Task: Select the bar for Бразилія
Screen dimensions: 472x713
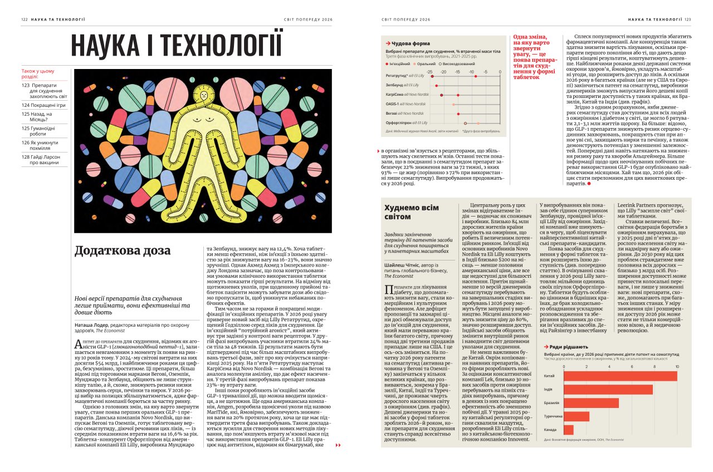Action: pos(591,402)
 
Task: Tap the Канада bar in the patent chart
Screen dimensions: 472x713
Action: pos(568,430)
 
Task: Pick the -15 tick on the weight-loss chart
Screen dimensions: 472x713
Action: pos(457,72)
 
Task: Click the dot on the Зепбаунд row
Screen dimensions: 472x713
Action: pos(436,85)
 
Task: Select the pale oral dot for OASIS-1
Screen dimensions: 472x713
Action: pos(454,104)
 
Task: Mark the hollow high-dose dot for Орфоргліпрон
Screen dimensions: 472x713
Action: pos(465,122)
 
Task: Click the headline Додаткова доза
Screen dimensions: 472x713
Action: pos(123,251)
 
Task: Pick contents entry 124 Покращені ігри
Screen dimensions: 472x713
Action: pos(44,105)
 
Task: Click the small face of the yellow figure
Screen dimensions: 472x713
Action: pos(206,95)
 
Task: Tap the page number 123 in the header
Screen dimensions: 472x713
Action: pos(688,19)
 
